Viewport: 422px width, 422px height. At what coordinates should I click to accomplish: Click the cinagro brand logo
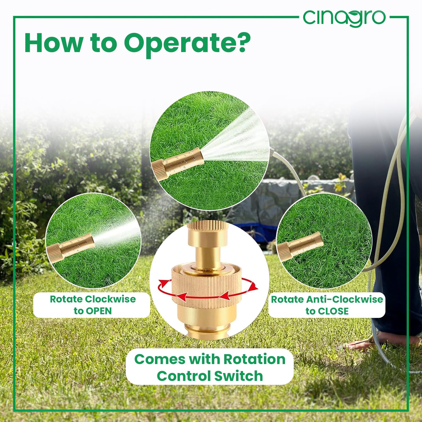[344, 18]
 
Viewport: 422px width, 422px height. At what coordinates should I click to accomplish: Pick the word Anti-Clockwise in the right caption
[344, 299]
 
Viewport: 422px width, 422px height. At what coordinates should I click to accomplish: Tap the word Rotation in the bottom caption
[255, 359]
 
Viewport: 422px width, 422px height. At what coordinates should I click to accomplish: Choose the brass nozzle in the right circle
[300, 246]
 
